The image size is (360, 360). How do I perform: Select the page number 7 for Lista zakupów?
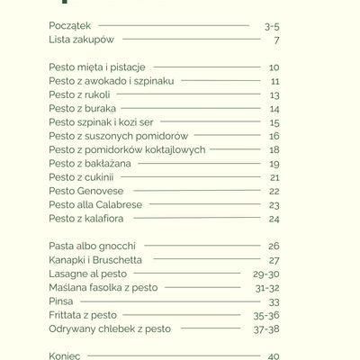pos(276,40)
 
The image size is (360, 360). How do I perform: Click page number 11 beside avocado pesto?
pos(274,81)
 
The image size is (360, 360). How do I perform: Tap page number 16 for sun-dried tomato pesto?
pos(274,136)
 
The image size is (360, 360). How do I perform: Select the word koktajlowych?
pos(174,149)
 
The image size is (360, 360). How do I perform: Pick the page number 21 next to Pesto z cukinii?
pos(274,177)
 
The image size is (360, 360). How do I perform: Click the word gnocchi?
pos(115,246)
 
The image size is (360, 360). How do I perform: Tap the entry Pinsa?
pos(61,301)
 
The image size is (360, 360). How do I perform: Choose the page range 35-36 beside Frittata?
pos(266,315)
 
